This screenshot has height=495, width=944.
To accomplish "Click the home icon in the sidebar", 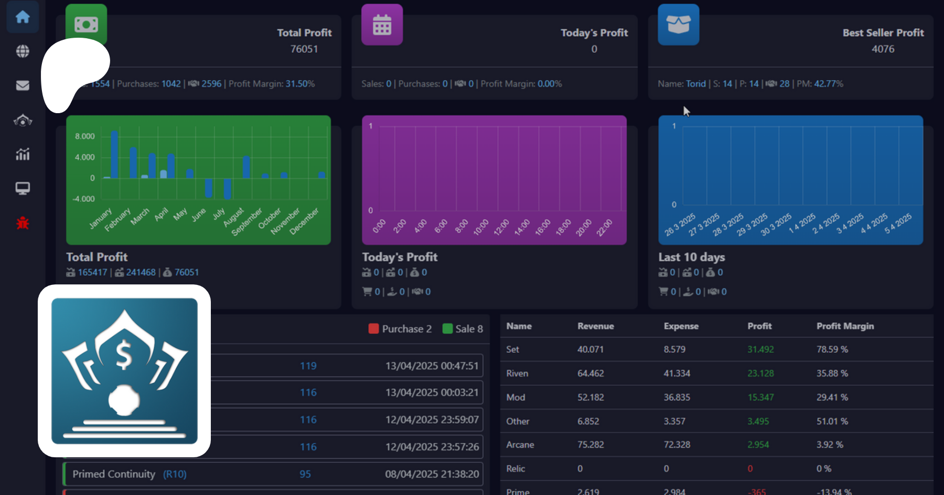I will pos(23,17).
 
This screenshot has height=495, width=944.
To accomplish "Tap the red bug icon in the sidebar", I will pos(23,223).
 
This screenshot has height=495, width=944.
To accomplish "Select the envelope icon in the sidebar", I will pos(23,85).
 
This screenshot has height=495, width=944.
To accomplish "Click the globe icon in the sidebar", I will pos(23,51).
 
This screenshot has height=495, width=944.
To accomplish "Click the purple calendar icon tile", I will pos(382,25).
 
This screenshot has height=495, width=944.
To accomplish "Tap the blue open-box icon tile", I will pos(678,25).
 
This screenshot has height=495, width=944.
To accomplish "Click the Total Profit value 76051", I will pos(304,49).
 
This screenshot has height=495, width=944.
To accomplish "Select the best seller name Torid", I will pos(695,84).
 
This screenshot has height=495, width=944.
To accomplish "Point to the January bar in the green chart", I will pos(107,178).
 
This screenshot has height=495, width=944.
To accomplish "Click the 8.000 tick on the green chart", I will pos(85,136).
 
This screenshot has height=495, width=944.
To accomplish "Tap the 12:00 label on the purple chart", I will pos(501,227).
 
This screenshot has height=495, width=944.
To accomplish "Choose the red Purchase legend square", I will pos(373,329).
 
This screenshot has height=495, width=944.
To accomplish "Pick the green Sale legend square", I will pos(447,329).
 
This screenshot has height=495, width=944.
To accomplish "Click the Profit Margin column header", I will pos(845,326).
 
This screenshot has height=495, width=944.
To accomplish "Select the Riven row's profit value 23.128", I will pos(760,373).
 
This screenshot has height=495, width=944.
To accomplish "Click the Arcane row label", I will pos(520,445).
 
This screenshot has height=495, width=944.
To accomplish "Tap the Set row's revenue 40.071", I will pos(590,349).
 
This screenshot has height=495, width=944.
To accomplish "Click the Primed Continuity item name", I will pos(114,474).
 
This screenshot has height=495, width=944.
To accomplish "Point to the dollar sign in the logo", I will pos(124,355).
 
